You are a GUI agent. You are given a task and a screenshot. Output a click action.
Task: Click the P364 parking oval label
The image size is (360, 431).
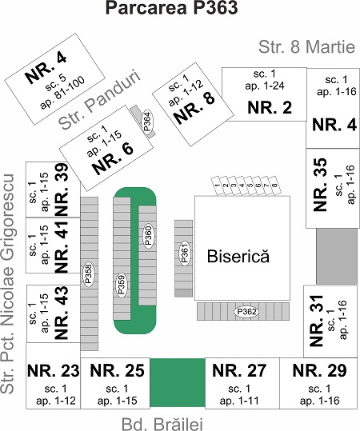(148, 122)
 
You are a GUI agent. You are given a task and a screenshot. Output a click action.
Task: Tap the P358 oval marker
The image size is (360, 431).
(89, 274)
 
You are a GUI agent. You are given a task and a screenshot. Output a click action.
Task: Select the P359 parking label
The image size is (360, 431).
(121, 285)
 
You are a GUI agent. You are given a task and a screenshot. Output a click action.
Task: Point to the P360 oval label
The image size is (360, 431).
(149, 236)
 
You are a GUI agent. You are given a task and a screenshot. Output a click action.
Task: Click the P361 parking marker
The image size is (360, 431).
(185, 253)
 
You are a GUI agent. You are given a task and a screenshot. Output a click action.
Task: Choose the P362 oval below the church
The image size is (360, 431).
(246, 312)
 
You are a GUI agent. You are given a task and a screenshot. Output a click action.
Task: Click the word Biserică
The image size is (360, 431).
(238, 256)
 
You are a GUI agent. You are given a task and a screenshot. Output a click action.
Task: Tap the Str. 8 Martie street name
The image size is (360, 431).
(306, 47)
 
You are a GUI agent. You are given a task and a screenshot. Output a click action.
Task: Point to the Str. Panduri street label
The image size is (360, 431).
(99, 100)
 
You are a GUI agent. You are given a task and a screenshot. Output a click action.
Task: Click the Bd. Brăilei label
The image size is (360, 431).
(162, 424)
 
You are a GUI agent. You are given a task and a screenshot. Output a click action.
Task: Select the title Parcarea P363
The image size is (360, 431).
(172, 8)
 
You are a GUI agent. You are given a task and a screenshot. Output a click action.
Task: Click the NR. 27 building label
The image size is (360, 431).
(239, 370)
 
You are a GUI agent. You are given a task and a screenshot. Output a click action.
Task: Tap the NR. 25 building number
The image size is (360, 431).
(117, 370)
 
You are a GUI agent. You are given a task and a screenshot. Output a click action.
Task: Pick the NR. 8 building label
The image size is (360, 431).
(194, 108)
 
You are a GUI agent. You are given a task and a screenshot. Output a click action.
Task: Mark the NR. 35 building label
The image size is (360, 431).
(320, 185)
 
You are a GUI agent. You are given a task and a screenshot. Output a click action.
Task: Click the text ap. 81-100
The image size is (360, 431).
(63, 93)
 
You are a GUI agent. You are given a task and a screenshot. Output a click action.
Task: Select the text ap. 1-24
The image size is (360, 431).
(265, 86)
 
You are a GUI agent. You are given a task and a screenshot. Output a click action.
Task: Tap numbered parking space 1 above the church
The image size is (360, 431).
(218, 186)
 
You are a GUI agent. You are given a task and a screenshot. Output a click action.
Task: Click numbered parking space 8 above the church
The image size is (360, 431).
(274, 186)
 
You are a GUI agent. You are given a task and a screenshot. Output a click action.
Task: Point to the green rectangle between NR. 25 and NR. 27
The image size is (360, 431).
(178, 382)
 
